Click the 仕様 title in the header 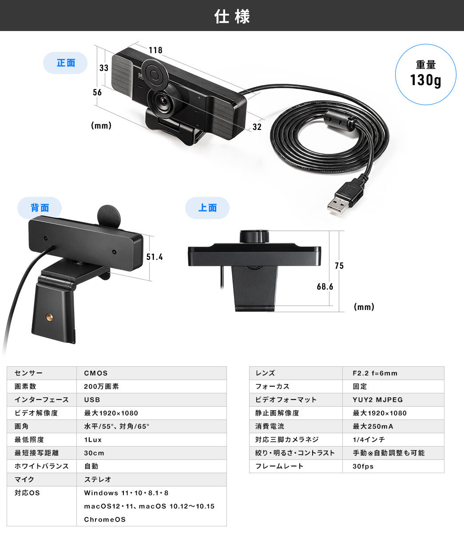click(232, 16)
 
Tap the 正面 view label click(66, 63)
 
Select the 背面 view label click(40, 208)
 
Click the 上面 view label click(207, 208)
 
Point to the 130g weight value click(425, 80)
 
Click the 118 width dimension click(155, 50)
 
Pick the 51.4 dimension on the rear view click(155, 257)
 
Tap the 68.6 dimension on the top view click(325, 286)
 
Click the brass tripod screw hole click(49, 317)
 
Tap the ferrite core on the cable click(340, 121)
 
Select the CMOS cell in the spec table click(95, 373)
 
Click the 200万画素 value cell click(101, 386)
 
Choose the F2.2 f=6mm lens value click(375, 373)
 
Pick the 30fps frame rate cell click(363, 466)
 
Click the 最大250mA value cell click(373, 426)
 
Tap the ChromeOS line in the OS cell click(105, 520)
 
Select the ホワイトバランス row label click(41, 466)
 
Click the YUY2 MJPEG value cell click(377, 400)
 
